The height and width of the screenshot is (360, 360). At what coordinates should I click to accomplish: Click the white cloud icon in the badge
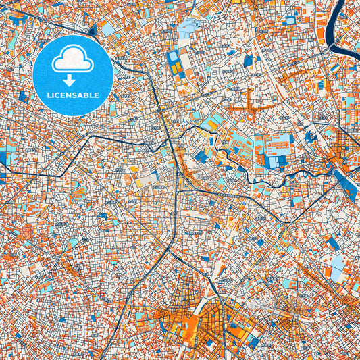pyautogui.click(x=73, y=60)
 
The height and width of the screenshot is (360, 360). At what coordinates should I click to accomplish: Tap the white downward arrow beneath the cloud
pyautogui.click(x=73, y=80)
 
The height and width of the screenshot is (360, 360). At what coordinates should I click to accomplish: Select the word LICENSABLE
pyautogui.click(x=73, y=95)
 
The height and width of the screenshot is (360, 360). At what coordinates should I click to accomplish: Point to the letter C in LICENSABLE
pyautogui.click(x=60, y=95)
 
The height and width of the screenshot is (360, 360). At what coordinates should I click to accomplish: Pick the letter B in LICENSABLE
pyautogui.click(x=87, y=95)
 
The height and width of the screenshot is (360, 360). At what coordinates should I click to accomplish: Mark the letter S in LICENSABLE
pyautogui.click(x=76, y=95)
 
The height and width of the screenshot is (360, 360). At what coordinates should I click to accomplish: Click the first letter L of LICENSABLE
pyautogui.click(x=49, y=95)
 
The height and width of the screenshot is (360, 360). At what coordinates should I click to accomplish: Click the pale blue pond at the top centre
pyautogui.click(x=188, y=28)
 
